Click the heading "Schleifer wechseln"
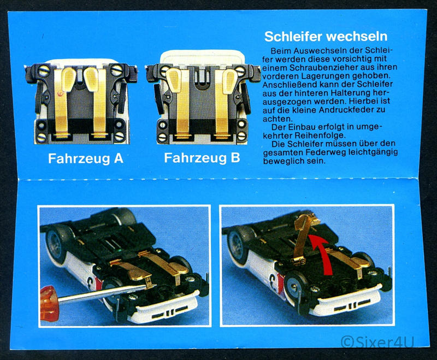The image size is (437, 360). pos(326,37)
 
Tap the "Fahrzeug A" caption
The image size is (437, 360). pos(86,158)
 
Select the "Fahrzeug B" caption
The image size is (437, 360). pos(202,158)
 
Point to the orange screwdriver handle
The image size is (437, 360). pos(50,303)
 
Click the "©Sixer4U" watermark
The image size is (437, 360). pos(377,342)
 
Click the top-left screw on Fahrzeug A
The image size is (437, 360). pos(44,72)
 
